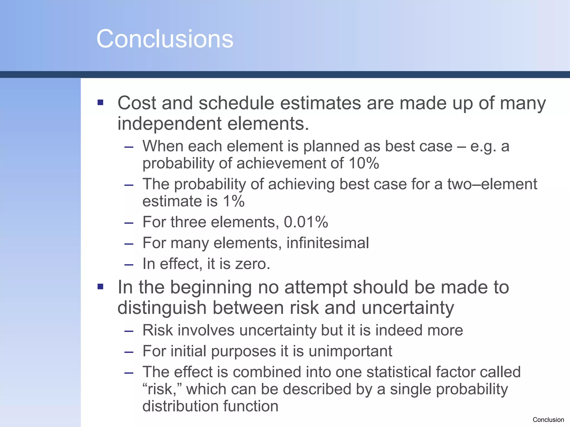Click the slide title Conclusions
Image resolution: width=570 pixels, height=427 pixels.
pos(165,39)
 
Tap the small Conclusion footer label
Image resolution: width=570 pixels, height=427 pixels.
pos(548,420)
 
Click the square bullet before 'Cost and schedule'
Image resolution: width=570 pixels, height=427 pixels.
pos(100,103)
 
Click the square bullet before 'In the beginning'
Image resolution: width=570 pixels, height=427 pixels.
pos(100,287)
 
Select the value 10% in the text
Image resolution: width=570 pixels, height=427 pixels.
pos(363,163)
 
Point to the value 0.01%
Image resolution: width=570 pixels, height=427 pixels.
pos(306,222)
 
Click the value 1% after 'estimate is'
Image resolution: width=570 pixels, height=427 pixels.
pos(233,201)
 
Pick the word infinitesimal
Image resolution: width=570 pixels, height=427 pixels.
pos(328,243)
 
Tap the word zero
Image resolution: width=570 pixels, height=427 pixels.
pos(252,264)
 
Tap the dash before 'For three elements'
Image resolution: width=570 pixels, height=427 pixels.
pos(129,223)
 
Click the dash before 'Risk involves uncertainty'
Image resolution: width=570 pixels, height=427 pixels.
pos(129,331)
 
